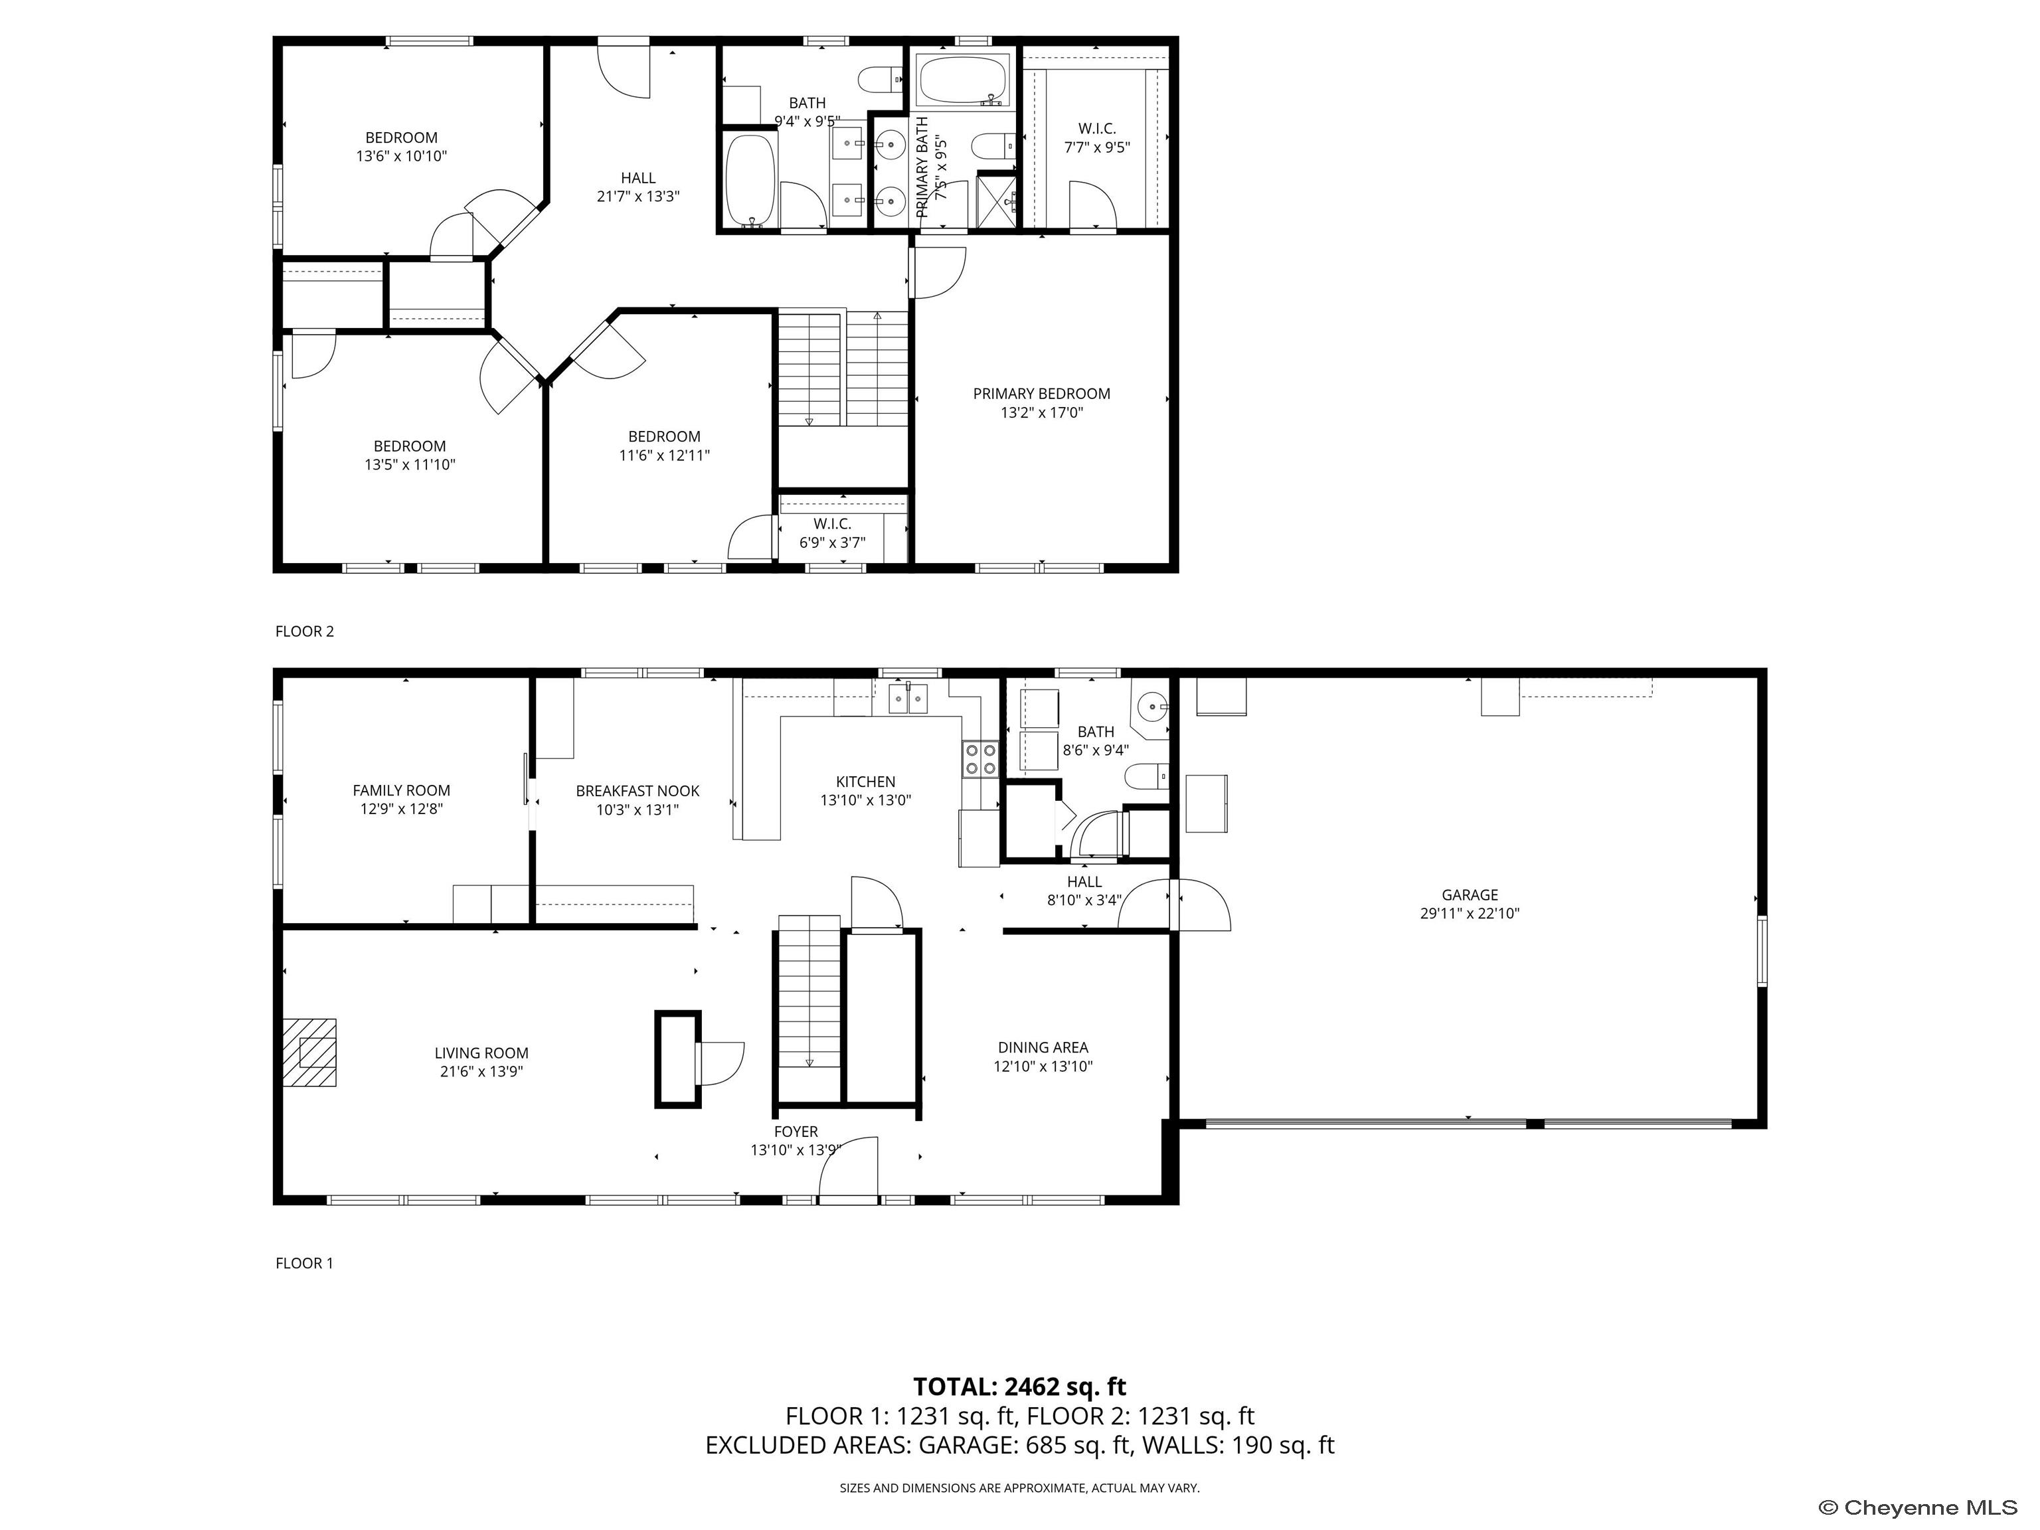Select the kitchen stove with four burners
(980, 759)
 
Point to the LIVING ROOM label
(481, 1053)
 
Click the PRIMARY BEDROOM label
(1041, 394)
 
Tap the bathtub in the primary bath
(963, 81)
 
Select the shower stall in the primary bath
(997, 199)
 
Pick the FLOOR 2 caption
(304, 632)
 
